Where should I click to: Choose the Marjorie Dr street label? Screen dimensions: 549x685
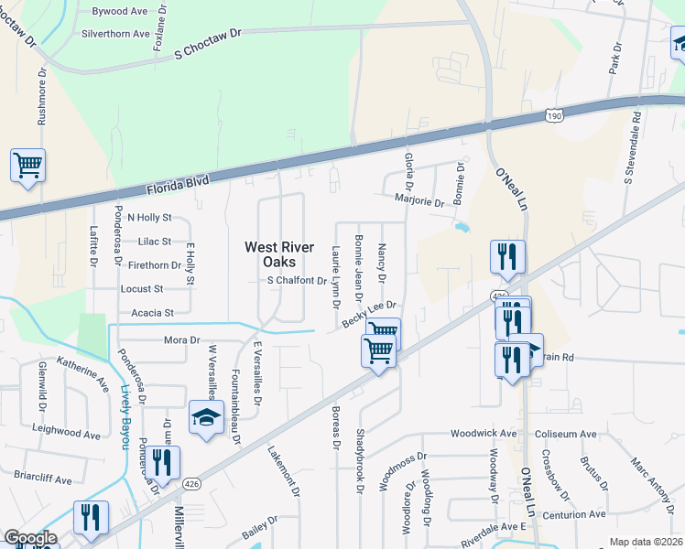(x=419, y=199)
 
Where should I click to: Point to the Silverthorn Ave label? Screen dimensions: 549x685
(x=115, y=34)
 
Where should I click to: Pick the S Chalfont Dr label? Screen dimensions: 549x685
(x=297, y=281)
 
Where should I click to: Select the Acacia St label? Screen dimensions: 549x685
(x=153, y=313)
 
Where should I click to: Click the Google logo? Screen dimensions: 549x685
(x=30, y=538)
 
